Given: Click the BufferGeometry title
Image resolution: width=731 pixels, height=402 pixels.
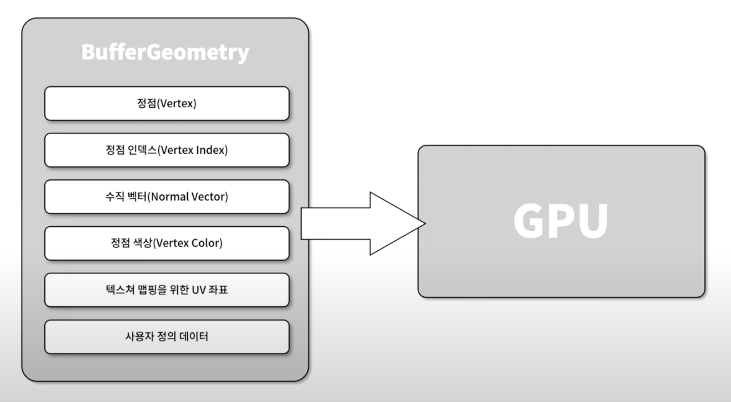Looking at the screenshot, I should click(165, 53).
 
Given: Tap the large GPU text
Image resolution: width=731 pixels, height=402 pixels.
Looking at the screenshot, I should click(560, 221).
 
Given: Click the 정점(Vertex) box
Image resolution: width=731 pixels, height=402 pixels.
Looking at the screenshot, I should click(167, 104).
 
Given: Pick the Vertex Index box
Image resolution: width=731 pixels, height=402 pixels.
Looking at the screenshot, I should click(167, 150).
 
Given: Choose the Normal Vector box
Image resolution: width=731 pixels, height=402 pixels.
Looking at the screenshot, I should click(167, 197).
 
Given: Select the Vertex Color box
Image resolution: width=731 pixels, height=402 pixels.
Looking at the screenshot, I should click(167, 243).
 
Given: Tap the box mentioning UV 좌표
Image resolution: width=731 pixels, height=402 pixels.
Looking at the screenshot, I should click(167, 290).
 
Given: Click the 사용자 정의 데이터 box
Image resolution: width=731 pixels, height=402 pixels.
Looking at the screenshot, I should click(167, 337).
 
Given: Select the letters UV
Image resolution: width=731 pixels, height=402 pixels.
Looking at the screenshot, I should click(198, 290).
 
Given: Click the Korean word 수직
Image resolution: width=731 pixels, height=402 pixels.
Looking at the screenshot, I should click(114, 197).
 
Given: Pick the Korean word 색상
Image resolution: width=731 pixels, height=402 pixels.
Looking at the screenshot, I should click(142, 243).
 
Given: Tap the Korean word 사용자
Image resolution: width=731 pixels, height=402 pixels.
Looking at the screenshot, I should click(138, 337).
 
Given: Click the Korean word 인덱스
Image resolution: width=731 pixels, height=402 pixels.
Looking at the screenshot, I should click(142, 150).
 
